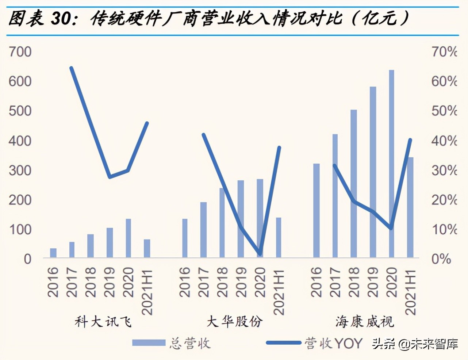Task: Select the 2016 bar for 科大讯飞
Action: (53, 253)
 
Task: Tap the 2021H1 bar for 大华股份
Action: (279, 237)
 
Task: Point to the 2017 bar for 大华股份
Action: (203, 230)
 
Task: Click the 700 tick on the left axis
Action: (20, 52)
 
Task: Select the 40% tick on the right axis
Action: (444, 141)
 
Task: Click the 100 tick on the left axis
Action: (20, 230)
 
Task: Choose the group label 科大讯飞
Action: (103, 322)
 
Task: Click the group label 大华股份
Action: (234, 322)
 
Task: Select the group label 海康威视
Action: (365, 322)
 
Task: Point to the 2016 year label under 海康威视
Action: (316, 282)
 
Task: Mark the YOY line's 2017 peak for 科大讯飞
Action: (71, 68)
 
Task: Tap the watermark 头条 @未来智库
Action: (415, 344)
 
